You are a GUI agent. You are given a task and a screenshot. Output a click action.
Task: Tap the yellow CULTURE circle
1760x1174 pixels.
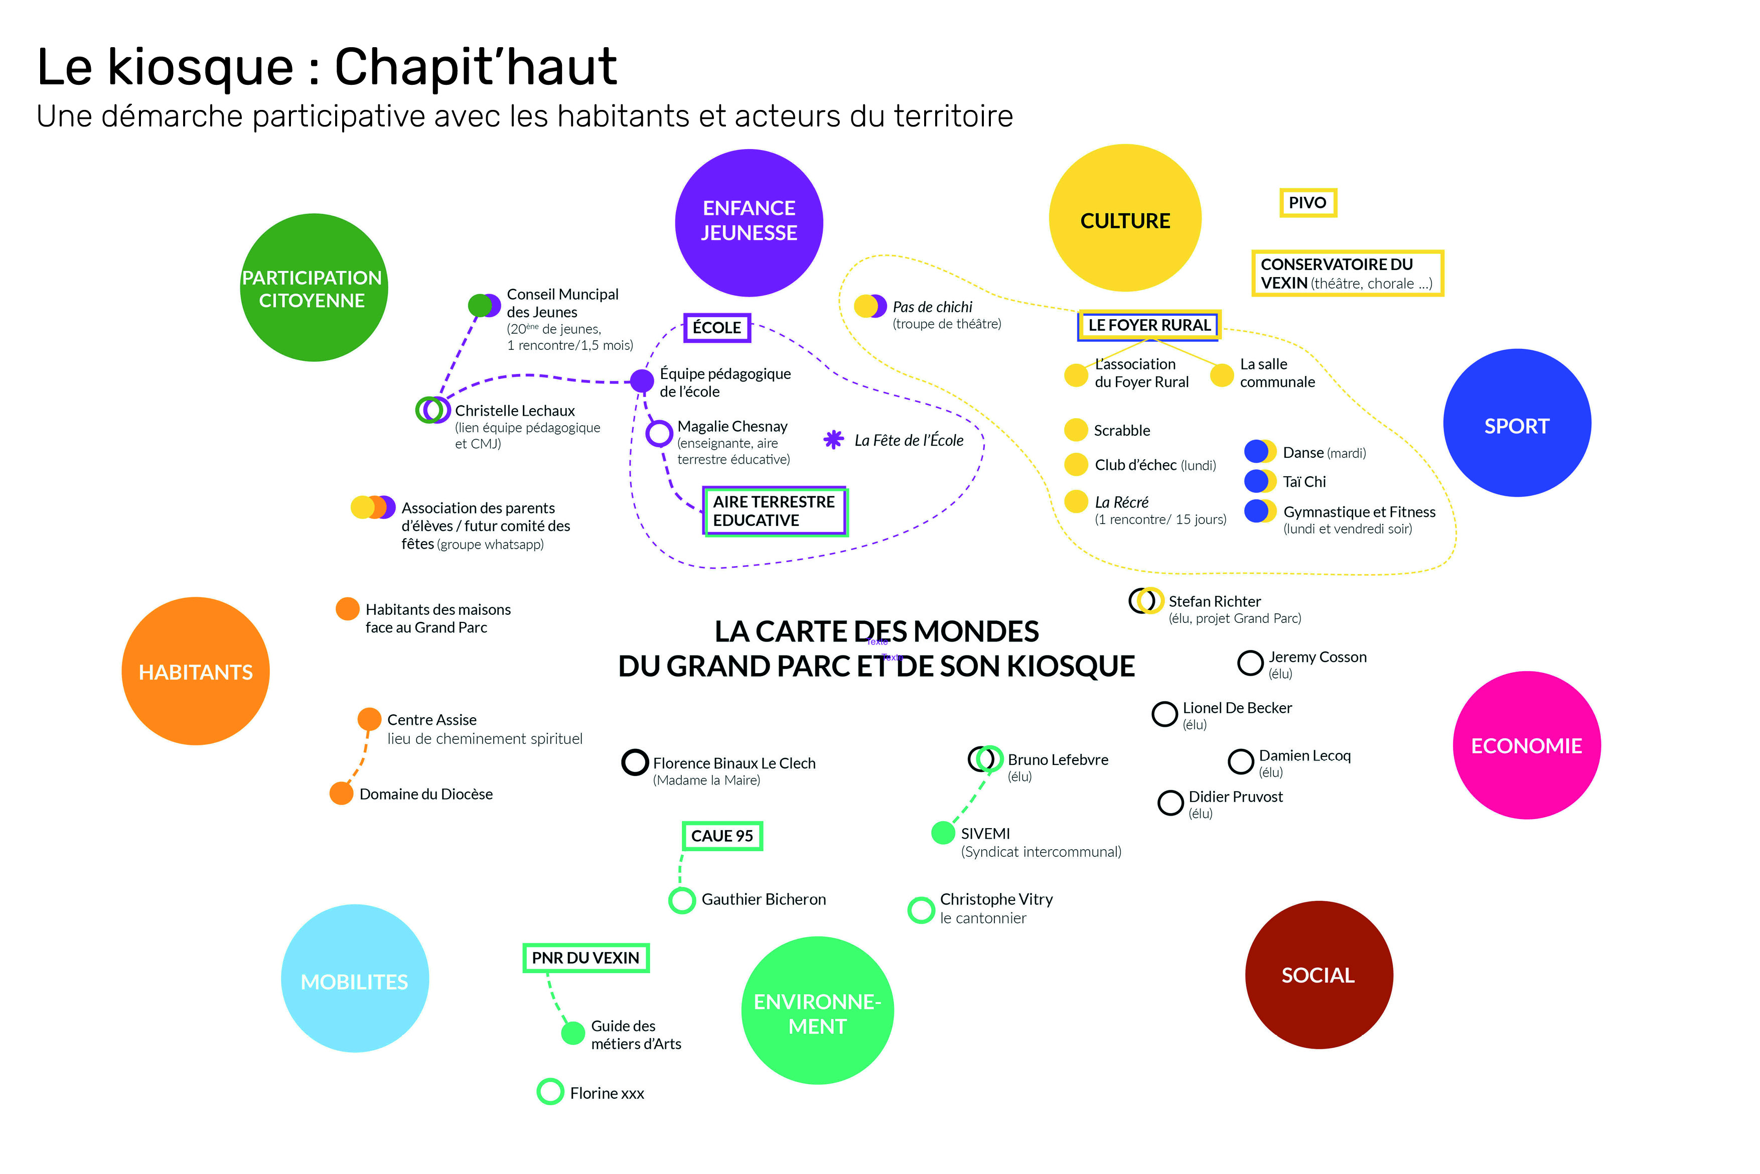click(1125, 218)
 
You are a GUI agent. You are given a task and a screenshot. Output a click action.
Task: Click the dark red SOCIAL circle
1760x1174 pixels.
click(1318, 974)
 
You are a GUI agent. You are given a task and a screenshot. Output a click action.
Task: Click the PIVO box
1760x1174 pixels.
click(1307, 203)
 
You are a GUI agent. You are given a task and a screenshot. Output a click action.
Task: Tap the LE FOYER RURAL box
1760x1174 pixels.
click(1148, 325)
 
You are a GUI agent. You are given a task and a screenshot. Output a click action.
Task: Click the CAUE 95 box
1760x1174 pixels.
click(721, 836)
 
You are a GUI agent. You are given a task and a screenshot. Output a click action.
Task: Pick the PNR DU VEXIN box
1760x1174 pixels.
click(585, 958)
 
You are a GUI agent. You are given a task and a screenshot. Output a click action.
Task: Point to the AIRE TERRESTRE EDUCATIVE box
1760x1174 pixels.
click(774, 510)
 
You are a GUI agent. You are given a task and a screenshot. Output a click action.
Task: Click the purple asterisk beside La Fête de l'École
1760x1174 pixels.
click(833, 440)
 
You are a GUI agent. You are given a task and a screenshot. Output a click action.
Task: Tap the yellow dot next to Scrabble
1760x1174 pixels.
click(1075, 430)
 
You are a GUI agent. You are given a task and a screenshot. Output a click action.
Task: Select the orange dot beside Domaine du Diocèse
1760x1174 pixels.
click(341, 793)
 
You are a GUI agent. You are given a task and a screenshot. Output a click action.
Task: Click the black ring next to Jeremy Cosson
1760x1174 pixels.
click(1250, 663)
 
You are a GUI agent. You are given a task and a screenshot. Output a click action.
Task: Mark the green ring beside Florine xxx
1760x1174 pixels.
click(550, 1092)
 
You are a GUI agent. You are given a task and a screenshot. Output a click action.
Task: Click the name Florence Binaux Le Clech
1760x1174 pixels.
click(734, 763)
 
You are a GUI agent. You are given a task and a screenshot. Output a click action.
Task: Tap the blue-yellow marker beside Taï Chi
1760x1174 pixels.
click(1259, 481)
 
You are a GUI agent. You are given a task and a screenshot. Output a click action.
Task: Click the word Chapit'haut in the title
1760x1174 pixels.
click(475, 67)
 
